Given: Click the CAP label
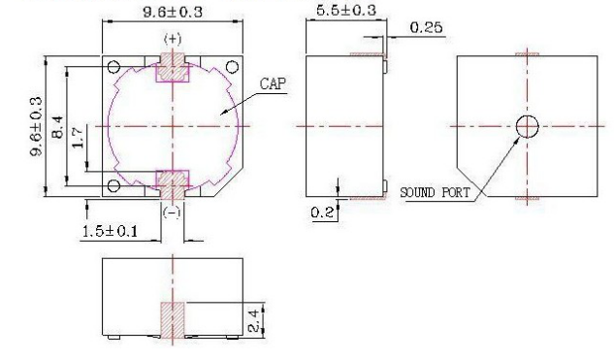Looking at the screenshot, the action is [x=273, y=83].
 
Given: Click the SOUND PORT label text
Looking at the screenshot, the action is [x=435, y=192].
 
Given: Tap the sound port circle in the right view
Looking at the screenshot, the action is [x=527, y=126].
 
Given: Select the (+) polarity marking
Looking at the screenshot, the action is [x=173, y=39].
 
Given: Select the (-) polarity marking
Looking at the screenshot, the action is [x=172, y=213].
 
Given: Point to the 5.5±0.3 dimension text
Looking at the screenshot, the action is [x=345, y=10].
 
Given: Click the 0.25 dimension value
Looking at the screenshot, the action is [x=427, y=27].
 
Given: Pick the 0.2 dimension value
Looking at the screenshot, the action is [x=323, y=213].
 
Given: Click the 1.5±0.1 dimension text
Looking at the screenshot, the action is [x=110, y=231].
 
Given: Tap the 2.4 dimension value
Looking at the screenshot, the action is [x=254, y=321].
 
